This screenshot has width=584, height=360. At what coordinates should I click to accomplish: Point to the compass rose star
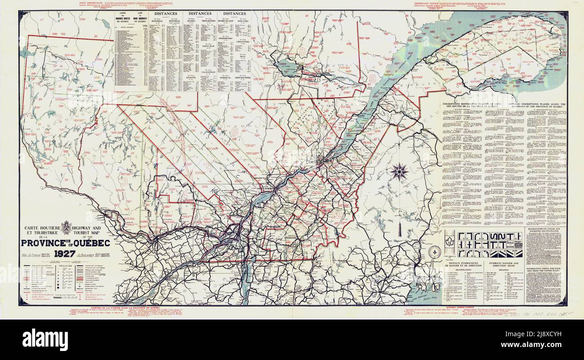(x=398, y=171)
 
